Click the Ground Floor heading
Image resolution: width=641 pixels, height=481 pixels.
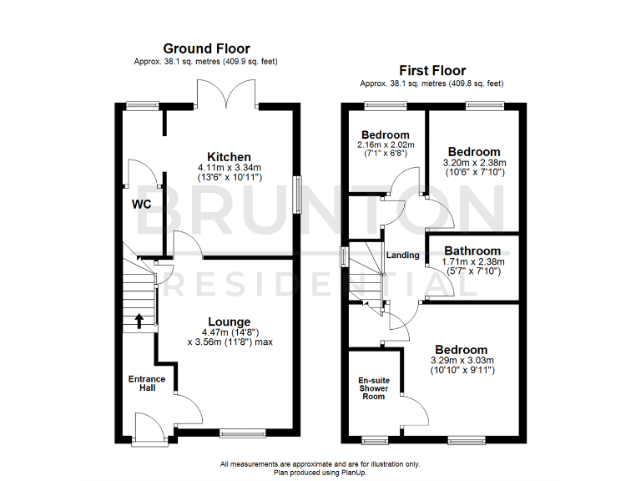[206, 48]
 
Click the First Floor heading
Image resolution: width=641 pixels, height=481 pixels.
[432, 70]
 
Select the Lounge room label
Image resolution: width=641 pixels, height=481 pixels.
[230, 322]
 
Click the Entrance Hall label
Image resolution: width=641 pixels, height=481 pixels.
[146, 384]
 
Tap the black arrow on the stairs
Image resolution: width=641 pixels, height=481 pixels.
[139, 322]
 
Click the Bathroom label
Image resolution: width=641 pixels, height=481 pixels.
[472, 251]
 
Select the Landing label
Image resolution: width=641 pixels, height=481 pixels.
[404, 256]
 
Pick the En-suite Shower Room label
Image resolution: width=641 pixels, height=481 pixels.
[373, 388]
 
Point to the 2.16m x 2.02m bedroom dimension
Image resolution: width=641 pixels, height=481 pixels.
[385, 146]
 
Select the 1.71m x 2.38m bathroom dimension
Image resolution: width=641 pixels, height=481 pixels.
[472, 261]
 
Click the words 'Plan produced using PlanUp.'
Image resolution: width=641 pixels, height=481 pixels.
[320, 472]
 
